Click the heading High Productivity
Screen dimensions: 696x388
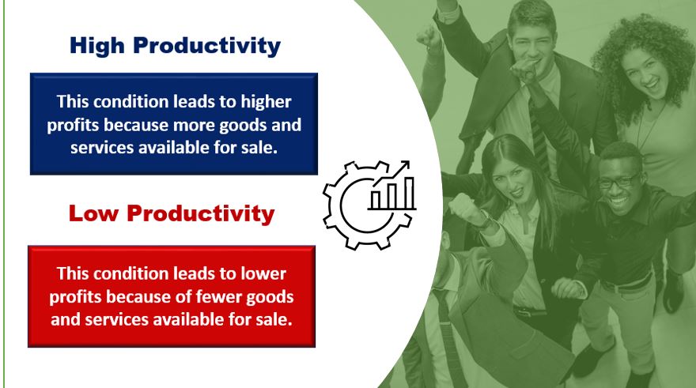tap(175, 46)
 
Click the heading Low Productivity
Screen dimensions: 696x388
tap(172, 213)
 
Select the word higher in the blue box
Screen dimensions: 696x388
tap(266, 103)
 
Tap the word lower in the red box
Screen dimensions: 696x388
tap(263, 273)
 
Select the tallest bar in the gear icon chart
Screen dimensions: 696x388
tap(409, 193)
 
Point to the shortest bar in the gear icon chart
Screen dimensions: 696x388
tap(376, 201)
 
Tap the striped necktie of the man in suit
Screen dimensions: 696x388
tap(539, 137)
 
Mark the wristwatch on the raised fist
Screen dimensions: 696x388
tap(486, 220)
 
